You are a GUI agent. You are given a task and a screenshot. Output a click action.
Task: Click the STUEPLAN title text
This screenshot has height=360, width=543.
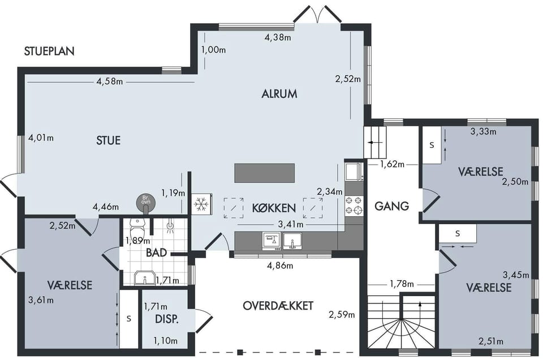pyautogui.click(x=49, y=51)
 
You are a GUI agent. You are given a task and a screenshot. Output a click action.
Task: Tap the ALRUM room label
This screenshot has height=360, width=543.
pyautogui.click(x=279, y=94)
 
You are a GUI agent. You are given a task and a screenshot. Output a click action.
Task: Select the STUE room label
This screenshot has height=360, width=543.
pyautogui.click(x=109, y=140)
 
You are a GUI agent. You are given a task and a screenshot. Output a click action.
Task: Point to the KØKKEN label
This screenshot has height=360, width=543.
pyautogui.click(x=274, y=208)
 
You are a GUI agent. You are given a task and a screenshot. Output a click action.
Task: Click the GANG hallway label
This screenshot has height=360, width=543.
pyautogui.click(x=391, y=206)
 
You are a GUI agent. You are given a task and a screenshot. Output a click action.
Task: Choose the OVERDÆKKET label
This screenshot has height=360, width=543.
pyautogui.click(x=278, y=306)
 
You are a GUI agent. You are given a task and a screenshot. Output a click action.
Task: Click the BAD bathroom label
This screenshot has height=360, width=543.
pyautogui.click(x=157, y=252)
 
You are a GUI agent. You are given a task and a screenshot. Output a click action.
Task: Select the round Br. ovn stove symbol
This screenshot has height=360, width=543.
pyautogui.click(x=146, y=202)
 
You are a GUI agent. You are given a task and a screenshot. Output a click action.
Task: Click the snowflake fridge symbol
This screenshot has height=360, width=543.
pyautogui.click(x=200, y=204)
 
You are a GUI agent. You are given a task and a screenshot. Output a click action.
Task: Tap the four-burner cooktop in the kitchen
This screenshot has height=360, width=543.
pyautogui.click(x=354, y=205)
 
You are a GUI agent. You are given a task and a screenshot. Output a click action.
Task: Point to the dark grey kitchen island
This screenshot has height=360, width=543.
pyautogui.click(x=265, y=173)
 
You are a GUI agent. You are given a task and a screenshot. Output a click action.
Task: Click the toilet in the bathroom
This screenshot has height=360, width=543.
pyautogui.click(x=137, y=228)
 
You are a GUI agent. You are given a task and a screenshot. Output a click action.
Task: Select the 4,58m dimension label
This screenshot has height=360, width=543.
pyautogui.click(x=110, y=82)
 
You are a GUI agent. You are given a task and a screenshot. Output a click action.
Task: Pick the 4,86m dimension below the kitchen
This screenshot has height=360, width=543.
pyautogui.click(x=280, y=266)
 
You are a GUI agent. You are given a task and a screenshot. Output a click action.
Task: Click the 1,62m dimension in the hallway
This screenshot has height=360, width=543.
pyautogui.click(x=392, y=164)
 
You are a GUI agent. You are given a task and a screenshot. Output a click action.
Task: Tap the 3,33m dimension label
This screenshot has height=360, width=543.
pyautogui.click(x=483, y=132)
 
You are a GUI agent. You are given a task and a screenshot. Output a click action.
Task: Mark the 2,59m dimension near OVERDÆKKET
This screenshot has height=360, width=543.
pyautogui.click(x=342, y=315)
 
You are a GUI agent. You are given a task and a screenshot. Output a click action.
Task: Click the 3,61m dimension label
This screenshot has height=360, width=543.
pyautogui.click(x=41, y=300)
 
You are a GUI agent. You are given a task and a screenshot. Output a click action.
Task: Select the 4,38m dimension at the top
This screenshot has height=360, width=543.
pyautogui.click(x=278, y=37)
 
